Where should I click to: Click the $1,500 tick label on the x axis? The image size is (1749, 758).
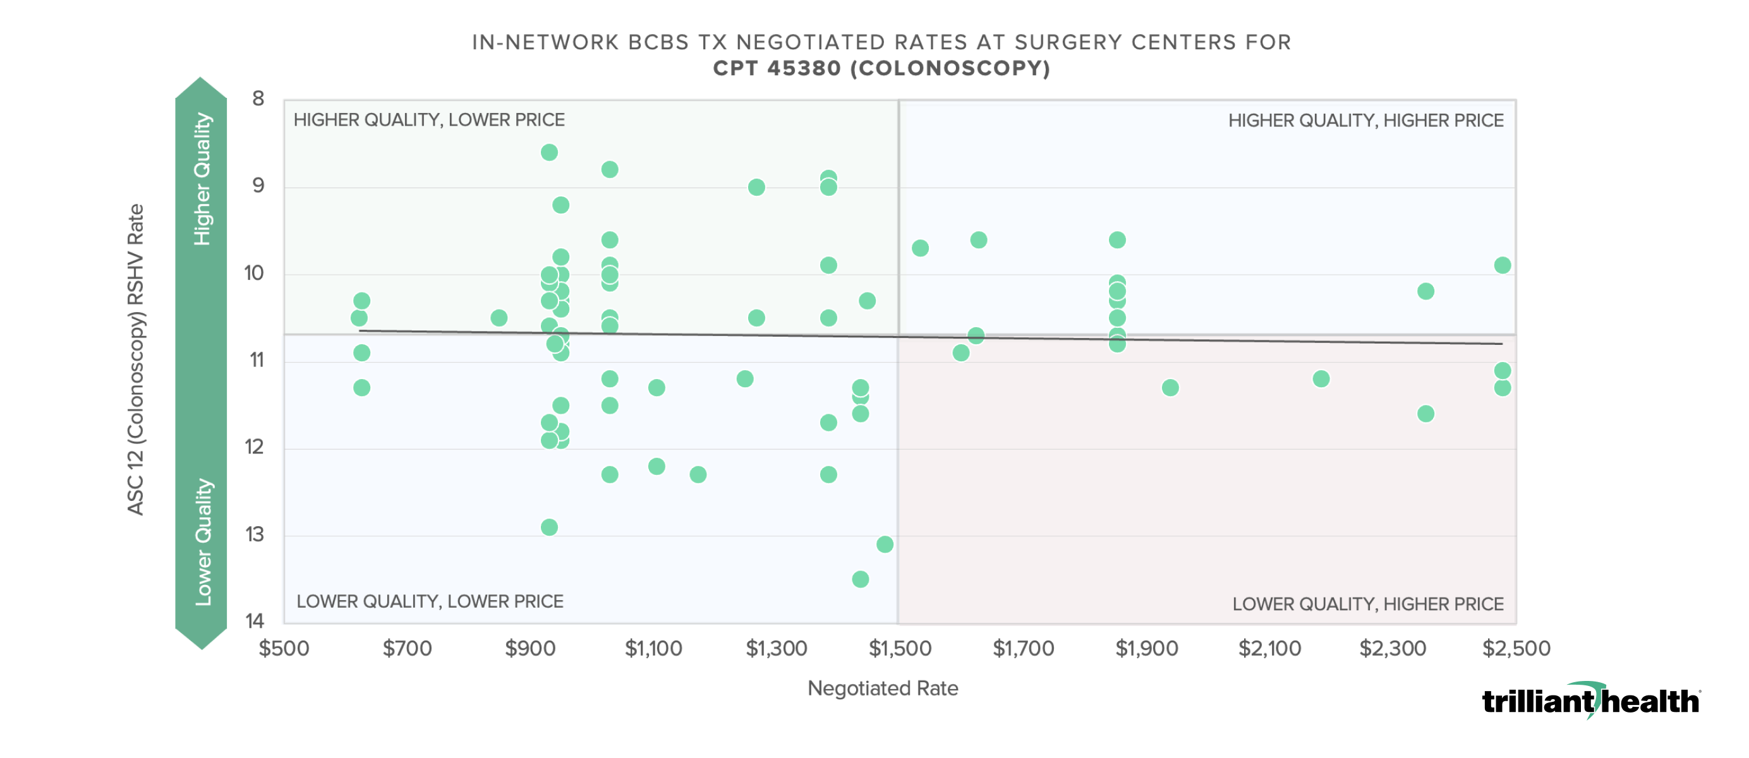900,648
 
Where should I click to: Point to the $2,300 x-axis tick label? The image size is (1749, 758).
1392,648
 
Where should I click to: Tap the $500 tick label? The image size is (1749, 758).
284,648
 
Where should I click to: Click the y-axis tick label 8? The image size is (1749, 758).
258,99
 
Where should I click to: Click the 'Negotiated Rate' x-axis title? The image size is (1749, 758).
882,688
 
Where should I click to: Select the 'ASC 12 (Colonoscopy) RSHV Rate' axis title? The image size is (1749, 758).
136,359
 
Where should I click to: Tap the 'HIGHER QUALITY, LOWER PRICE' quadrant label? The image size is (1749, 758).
428,120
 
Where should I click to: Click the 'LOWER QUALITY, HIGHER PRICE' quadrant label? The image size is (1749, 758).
1367,604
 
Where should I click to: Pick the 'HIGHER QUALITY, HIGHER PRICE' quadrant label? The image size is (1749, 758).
1365,121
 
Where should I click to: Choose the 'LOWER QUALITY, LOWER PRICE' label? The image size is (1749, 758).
430,601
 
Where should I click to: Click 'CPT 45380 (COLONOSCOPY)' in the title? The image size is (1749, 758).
881,69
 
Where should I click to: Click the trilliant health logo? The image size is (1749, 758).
1590,701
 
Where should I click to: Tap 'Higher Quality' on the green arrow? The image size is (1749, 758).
202,179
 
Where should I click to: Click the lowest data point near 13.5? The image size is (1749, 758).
860,579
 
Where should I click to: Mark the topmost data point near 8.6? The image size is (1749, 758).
549,152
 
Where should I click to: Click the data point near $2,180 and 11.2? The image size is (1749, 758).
1321,378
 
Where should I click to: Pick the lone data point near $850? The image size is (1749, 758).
499,318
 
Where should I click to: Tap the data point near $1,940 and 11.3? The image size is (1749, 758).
1170,387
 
